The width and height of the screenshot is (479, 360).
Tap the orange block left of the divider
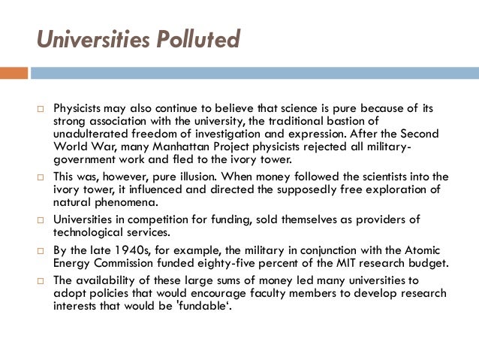pos(14,74)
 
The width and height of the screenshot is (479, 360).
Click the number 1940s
pos(128,250)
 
